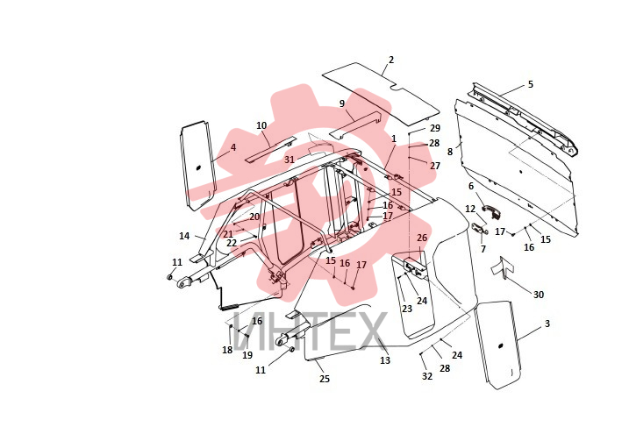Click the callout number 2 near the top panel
[x=391, y=60]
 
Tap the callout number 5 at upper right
[x=531, y=84]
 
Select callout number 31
[x=290, y=160]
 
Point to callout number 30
[x=539, y=295]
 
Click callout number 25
[x=325, y=379]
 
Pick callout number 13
[x=385, y=360]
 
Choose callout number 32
[x=427, y=376]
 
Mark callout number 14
[x=184, y=236]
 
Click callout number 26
[x=422, y=238]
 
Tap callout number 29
[x=435, y=128]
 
